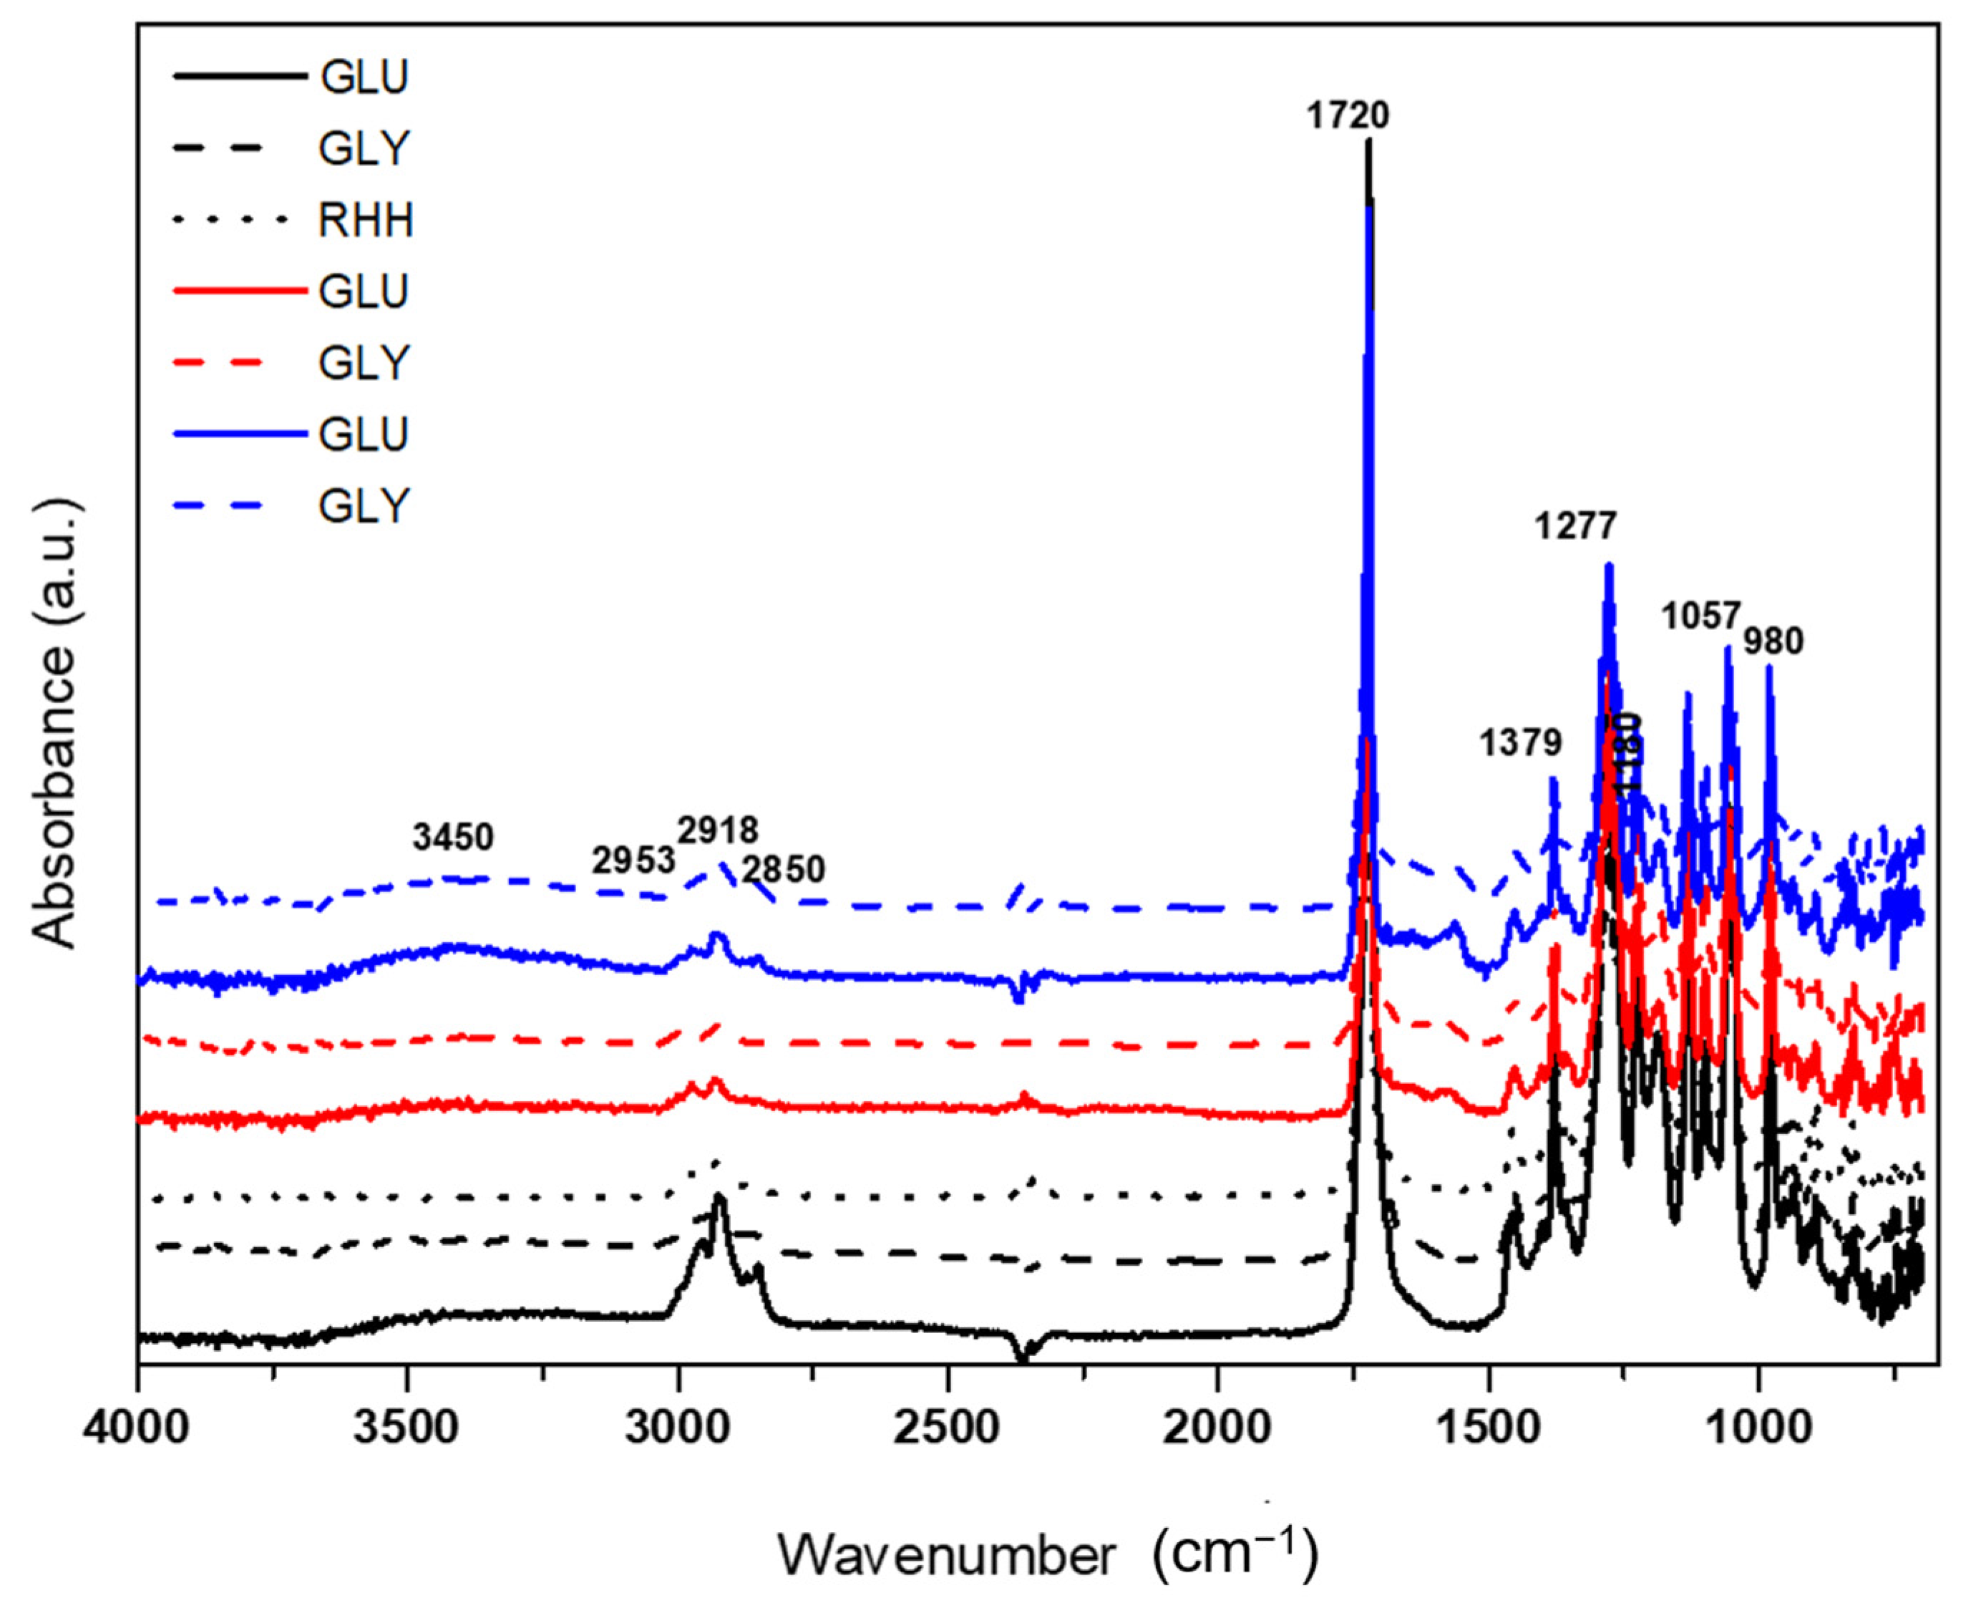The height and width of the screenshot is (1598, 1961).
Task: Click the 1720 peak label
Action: point(1347,116)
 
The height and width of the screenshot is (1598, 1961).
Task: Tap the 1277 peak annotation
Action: point(1575,526)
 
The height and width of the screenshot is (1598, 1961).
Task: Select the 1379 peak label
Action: point(1520,742)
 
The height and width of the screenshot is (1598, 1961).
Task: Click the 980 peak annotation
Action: point(1773,641)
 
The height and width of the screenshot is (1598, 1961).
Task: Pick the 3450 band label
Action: point(453,838)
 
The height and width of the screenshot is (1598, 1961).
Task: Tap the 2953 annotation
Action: point(633,861)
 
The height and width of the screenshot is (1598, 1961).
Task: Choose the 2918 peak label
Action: point(718,831)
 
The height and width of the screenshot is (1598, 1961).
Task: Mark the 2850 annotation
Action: point(784,870)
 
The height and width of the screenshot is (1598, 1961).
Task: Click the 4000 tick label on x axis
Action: point(138,1433)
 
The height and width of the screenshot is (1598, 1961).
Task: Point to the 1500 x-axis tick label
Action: point(1488,1433)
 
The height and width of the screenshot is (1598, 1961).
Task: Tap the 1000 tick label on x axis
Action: point(1758,1433)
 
